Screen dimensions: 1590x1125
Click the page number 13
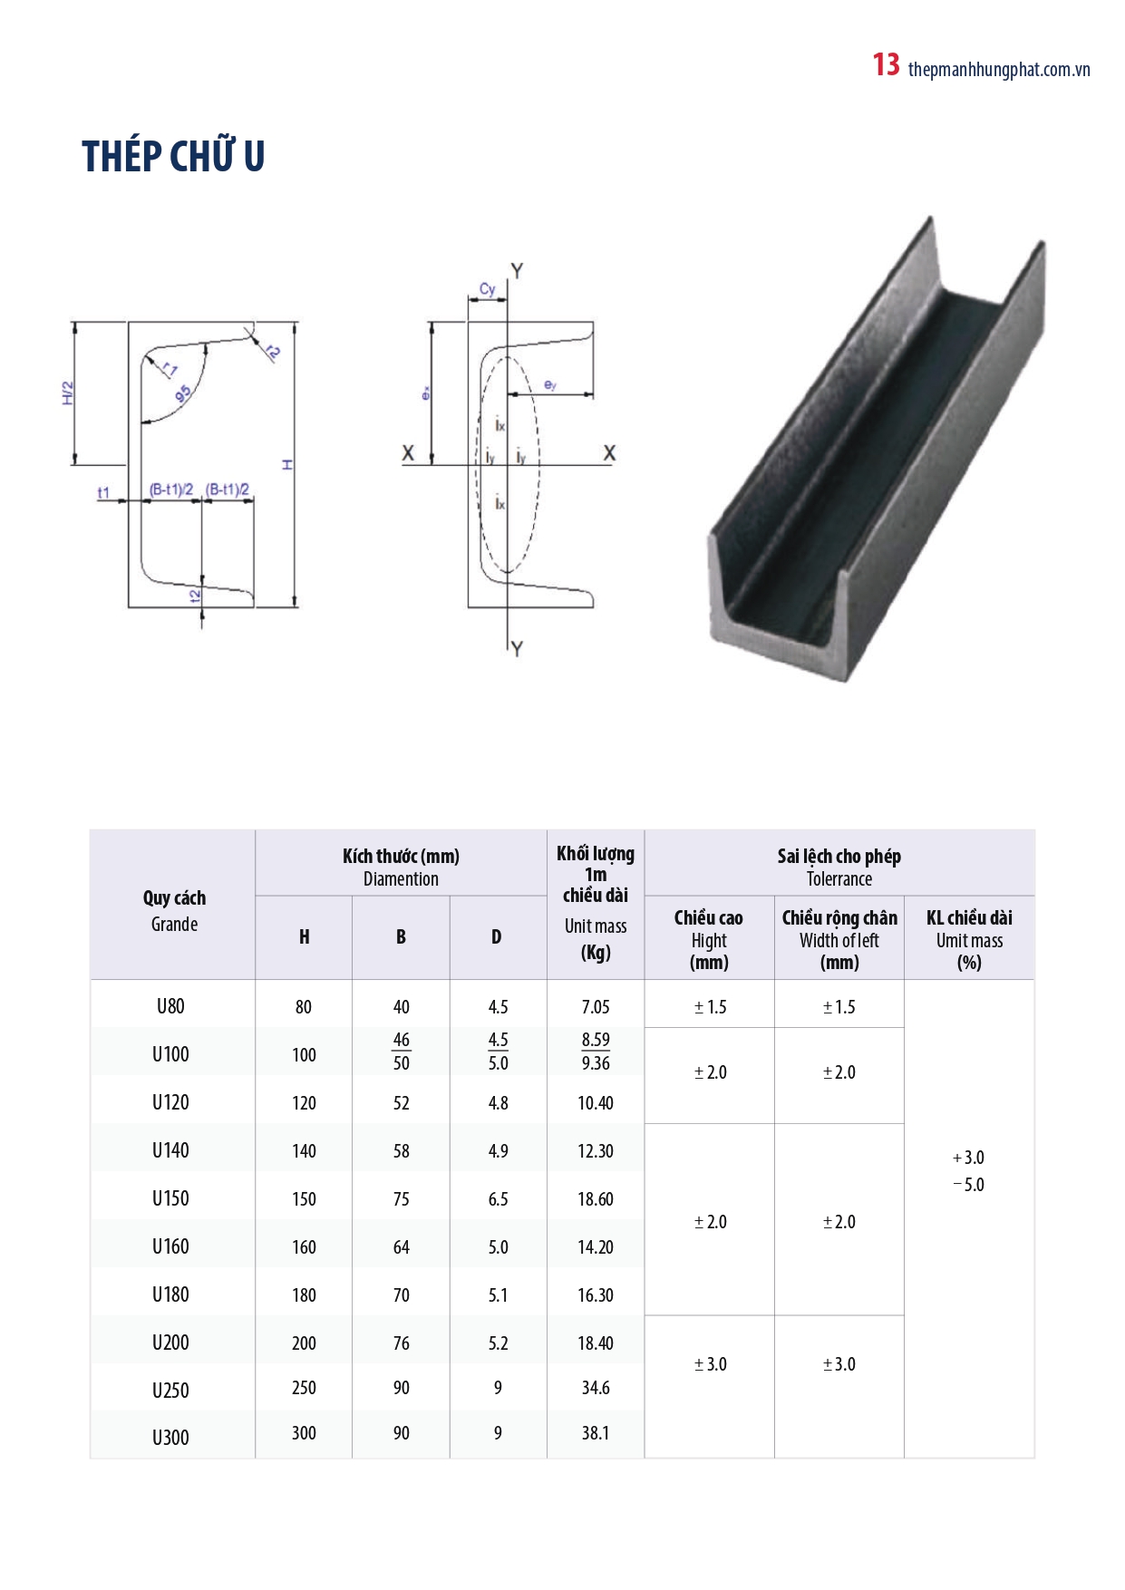click(886, 65)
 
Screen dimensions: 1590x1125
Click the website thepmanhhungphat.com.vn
click(998, 70)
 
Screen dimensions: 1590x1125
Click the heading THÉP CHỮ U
click(173, 157)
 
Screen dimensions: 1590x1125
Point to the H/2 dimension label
click(68, 393)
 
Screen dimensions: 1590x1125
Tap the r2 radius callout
click(273, 352)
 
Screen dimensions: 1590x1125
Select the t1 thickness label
click(103, 492)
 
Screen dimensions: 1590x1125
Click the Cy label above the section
click(488, 289)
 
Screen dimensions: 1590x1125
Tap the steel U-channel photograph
click(876, 453)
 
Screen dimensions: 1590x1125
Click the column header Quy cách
click(174, 898)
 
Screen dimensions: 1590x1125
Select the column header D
click(497, 937)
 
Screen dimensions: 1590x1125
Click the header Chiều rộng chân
click(839, 918)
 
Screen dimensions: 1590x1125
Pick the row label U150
click(170, 1198)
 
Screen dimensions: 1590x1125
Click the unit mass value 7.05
click(596, 1007)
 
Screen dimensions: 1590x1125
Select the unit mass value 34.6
click(596, 1388)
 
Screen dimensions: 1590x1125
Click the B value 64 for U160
click(401, 1247)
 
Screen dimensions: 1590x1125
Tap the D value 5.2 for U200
click(498, 1343)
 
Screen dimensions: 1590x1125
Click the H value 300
click(304, 1433)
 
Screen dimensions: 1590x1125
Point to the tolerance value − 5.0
click(969, 1185)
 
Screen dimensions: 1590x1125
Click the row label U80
click(170, 1006)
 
